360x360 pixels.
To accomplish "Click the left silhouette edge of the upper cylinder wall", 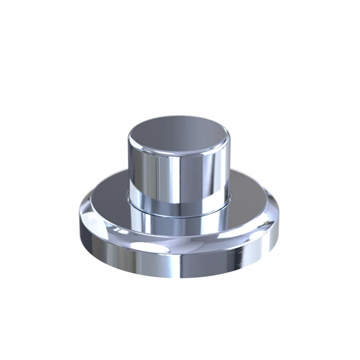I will click(128, 168).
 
